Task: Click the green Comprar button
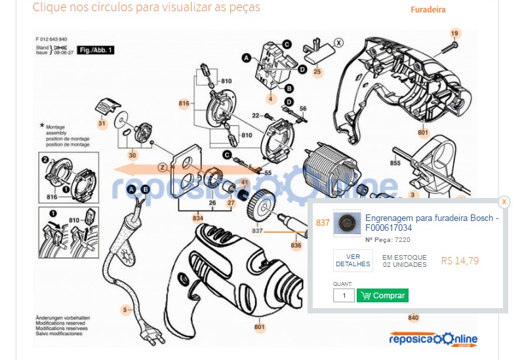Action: (x=382, y=296)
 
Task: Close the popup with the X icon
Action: (x=504, y=202)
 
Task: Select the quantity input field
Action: (x=344, y=296)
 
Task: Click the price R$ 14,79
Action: (x=460, y=261)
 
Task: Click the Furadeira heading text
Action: (x=428, y=10)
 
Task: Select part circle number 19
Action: (x=455, y=33)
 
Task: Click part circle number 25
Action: (x=317, y=71)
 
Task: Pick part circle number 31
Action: (x=102, y=123)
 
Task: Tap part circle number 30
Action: (x=132, y=155)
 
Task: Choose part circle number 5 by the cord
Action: (x=125, y=310)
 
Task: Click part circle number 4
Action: (x=270, y=99)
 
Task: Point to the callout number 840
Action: (x=413, y=318)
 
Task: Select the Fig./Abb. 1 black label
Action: (x=96, y=50)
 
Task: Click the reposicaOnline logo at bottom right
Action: (x=433, y=339)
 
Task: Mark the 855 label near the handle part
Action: (x=395, y=163)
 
